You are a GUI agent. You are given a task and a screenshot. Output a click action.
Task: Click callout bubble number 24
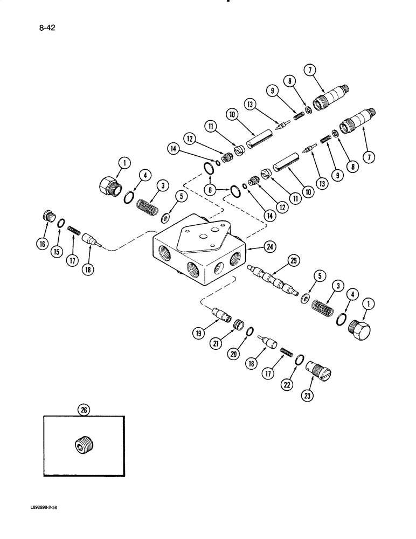(270, 247)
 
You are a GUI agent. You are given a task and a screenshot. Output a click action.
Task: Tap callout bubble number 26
(84, 410)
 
